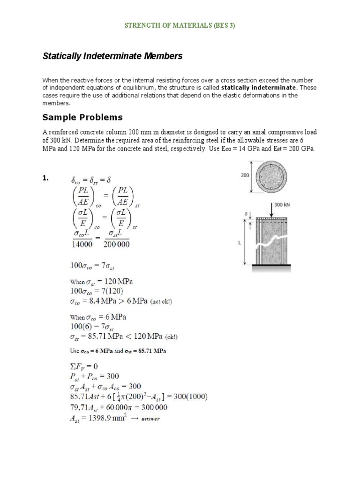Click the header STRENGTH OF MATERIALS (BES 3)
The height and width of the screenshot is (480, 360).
point(180,26)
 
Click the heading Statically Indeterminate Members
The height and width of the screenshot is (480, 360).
point(112,56)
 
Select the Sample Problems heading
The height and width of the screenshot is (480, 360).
point(82,117)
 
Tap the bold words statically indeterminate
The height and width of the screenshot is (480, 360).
point(259,88)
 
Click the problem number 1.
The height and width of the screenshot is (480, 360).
point(46,178)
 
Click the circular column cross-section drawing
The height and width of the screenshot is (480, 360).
point(271,176)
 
